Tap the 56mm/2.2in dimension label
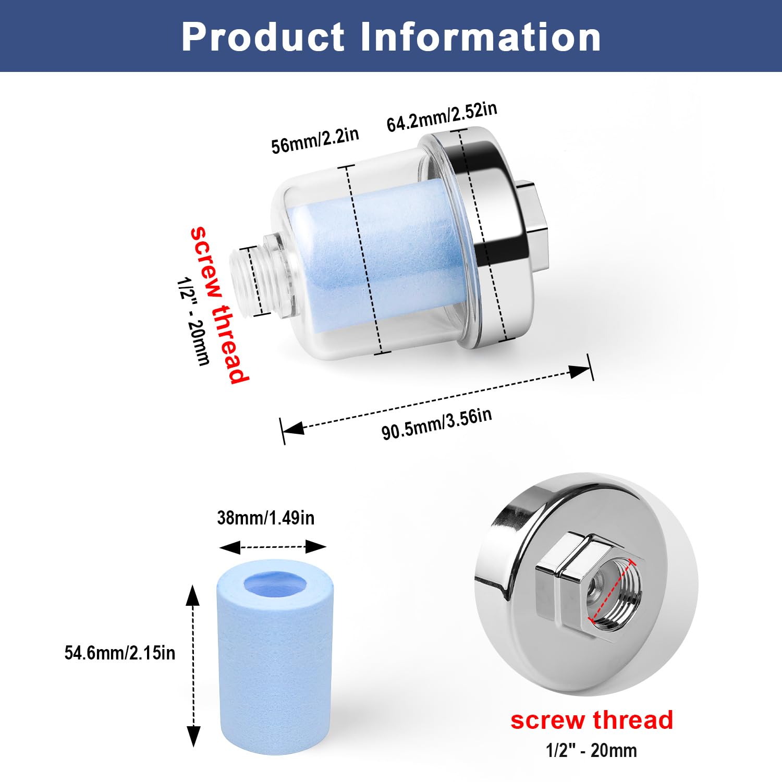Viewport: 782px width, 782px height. pyautogui.click(x=315, y=140)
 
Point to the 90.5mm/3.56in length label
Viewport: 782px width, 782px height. pyautogui.click(x=436, y=424)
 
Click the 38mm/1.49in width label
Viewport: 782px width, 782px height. pyautogui.click(x=266, y=518)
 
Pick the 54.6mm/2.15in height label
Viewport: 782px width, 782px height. pyautogui.click(x=120, y=653)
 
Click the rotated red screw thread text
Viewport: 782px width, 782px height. pyautogui.click(x=219, y=305)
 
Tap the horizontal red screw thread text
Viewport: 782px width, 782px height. pyautogui.click(x=592, y=720)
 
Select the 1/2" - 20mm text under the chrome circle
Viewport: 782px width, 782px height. pyautogui.click(x=591, y=751)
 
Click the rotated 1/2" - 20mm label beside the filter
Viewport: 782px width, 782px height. pyautogui.click(x=193, y=321)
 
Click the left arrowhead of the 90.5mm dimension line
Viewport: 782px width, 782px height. pyautogui.click(x=293, y=429)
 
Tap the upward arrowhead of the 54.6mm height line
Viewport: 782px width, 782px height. pyautogui.click(x=193, y=595)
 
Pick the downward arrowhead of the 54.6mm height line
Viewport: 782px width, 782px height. pyautogui.click(x=193, y=736)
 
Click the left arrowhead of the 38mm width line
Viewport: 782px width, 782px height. pyautogui.click(x=230, y=547)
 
